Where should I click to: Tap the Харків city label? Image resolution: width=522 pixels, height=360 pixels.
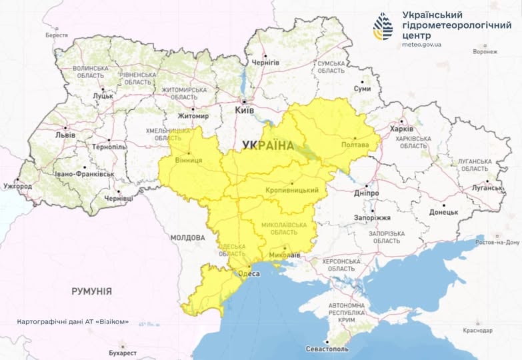tap(401, 129)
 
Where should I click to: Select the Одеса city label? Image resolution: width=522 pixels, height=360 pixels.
tap(249, 273)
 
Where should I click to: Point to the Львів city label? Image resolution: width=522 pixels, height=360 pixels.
tap(65, 135)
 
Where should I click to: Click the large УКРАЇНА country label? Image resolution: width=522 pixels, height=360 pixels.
tap(267, 145)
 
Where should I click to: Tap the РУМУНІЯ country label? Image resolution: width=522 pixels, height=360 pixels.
tap(91, 291)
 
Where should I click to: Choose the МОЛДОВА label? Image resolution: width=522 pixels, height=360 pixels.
tap(187, 237)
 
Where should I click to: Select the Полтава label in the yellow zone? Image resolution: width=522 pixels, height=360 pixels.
tap(354, 145)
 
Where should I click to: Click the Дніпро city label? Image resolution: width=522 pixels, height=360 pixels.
tap(366, 193)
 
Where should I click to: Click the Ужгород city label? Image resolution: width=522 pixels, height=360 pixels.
tap(17, 186)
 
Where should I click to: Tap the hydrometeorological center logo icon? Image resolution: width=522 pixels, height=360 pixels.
tap(383, 26)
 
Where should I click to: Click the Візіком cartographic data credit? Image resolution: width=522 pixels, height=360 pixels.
tap(73, 321)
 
